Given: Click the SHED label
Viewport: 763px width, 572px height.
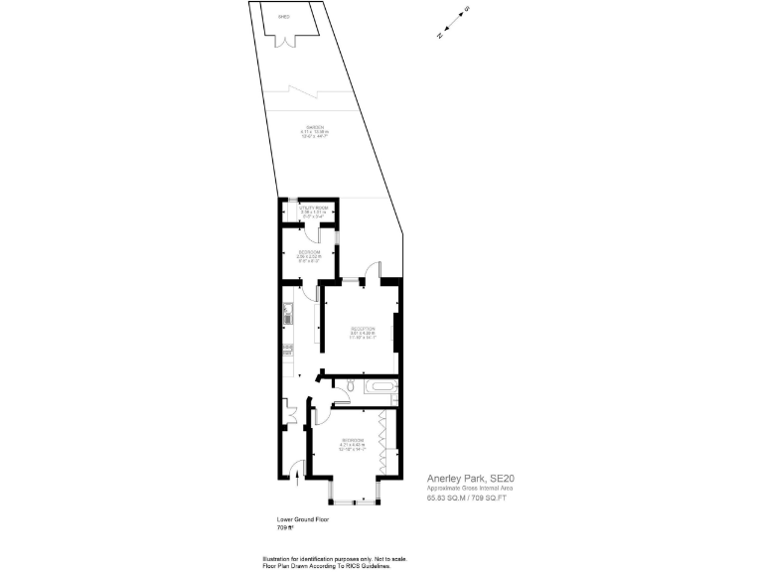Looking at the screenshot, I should tap(284, 17).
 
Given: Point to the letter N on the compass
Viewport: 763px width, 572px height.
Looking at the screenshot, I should tap(440, 34).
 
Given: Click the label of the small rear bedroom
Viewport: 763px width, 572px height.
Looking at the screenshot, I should tap(309, 253).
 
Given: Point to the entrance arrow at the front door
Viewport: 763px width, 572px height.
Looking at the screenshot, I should tap(298, 480).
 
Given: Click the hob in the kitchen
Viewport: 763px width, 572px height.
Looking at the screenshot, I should tap(286, 349).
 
